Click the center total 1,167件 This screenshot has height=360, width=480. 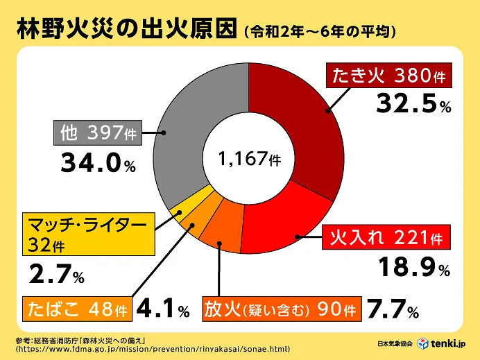248,159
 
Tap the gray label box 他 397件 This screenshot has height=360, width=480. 97,132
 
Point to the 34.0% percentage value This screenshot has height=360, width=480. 97,163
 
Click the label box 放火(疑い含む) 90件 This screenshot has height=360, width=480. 280,309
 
